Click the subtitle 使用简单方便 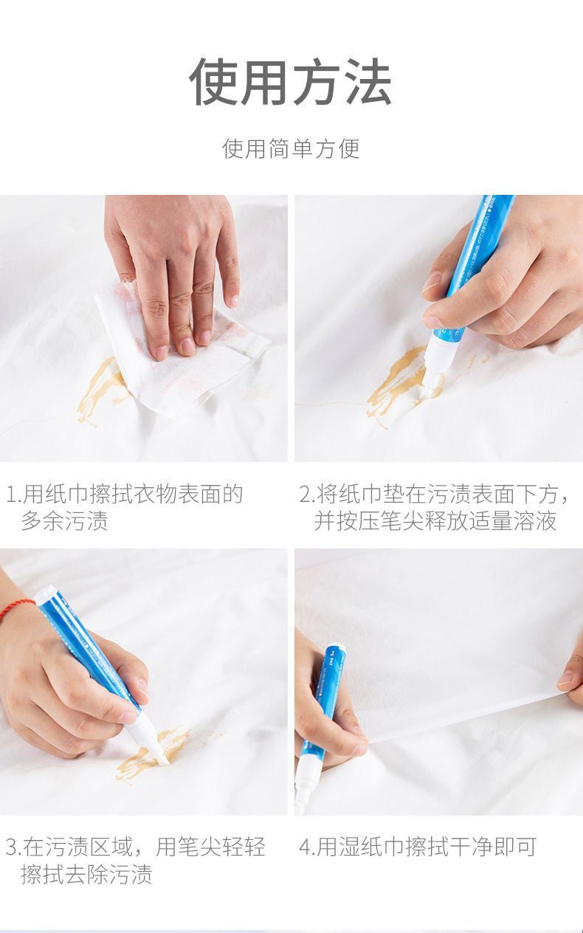(x=291, y=148)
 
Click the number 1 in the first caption (x=11, y=494)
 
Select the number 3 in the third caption (x=11, y=847)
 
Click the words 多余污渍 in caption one (x=64, y=521)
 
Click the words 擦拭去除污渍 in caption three (x=86, y=875)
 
